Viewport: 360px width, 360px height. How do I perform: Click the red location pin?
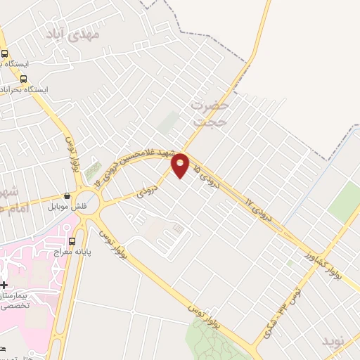click(181, 165)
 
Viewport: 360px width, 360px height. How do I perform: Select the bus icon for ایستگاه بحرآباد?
click(24, 79)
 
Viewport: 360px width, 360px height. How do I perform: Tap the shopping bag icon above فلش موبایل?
click(67, 196)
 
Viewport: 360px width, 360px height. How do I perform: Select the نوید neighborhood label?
click(335, 342)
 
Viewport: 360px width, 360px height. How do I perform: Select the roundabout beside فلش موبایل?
click(90, 203)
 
